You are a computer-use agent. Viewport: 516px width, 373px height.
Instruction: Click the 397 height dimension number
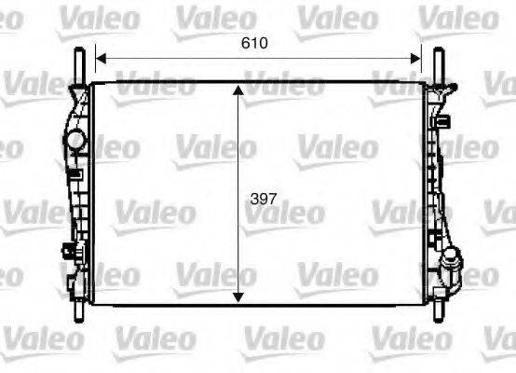click(x=265, y=198)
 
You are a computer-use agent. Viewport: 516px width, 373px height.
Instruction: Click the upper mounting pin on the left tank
click(x=79, y=62)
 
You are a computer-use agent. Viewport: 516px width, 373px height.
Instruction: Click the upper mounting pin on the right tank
click(x=438, y=62)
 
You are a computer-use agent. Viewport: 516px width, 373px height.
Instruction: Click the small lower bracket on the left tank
click(x=70, y=251)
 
